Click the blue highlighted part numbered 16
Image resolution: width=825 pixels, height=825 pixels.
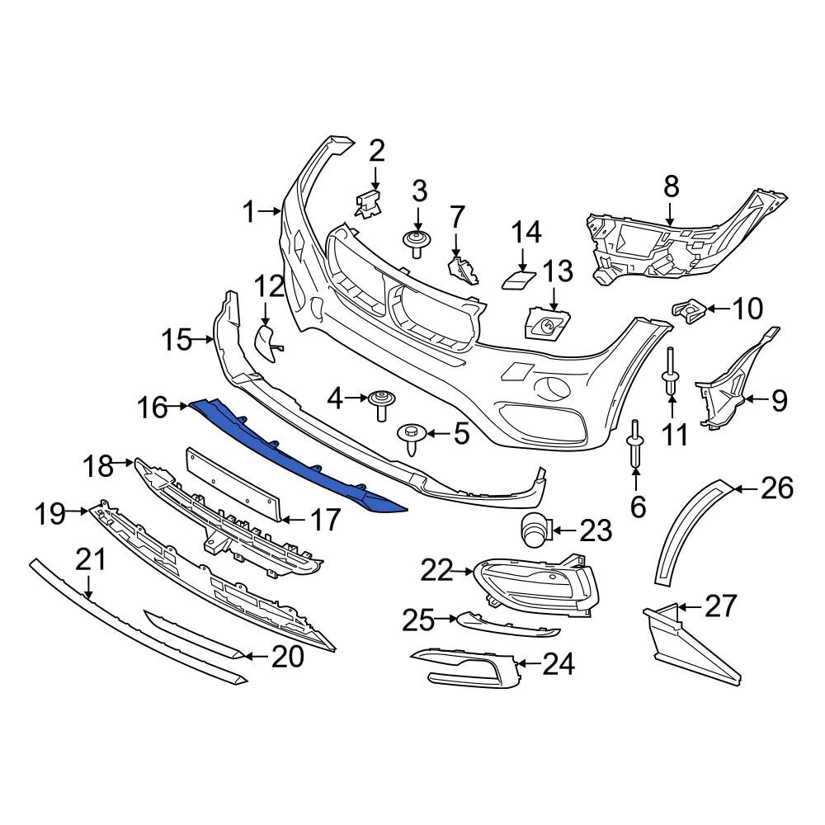[x=295, y=451]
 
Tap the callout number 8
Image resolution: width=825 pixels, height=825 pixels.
[x=671, y=186]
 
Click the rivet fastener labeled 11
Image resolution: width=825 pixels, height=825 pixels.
[x=672, y=370]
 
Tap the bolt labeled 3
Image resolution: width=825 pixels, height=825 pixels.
[x=416, y=243]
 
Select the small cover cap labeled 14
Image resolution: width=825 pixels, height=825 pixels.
[x=519, y=277]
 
